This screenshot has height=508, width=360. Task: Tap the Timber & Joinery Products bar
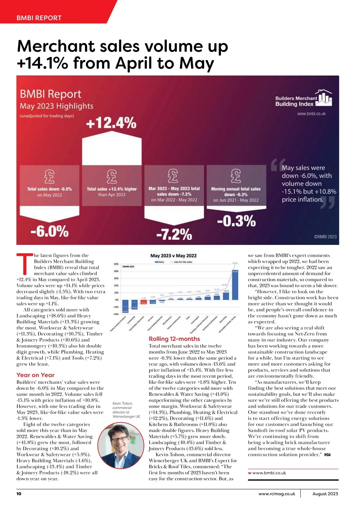[125, 306]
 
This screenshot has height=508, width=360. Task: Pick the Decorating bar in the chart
[226, 296]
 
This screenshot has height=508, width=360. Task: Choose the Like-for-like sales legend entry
[181, 262]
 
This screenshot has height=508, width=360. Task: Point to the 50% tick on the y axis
[116, 264]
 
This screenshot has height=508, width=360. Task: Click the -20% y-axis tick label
[115, 314]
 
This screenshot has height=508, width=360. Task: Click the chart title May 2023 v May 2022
[173, 256]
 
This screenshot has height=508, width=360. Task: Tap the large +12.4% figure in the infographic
[111, 123]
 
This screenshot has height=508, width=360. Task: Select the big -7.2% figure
[174, 234]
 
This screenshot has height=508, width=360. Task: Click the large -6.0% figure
[49, 231]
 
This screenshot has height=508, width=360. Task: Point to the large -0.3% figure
[236, 221]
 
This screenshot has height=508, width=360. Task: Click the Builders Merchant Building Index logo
[303, 99]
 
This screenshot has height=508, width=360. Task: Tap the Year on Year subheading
[35, 375]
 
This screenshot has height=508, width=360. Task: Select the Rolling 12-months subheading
[174, 339]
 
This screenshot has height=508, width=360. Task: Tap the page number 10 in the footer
[19, 494]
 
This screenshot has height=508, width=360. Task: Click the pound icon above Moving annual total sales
[236, 176]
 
